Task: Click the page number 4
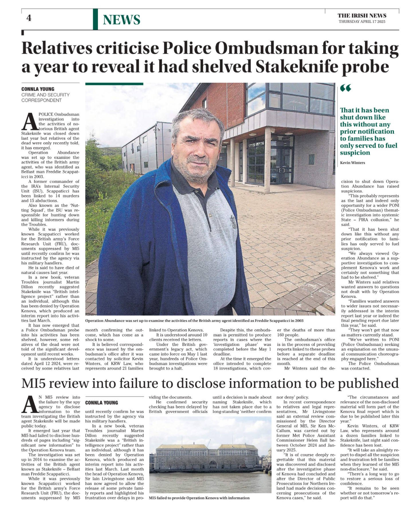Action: click(x=29, y=18)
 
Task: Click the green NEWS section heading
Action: click(x=121, y=20)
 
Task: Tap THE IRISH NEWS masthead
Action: click(x=362, y=16)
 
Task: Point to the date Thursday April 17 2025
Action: click(x=362, y=22)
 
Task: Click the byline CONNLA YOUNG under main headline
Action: click(x=38, y=89)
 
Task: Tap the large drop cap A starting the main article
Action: click(x=30, y=122)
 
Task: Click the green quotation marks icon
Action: click(x=345, y=89)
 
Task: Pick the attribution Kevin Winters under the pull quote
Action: click(x=352, y=163)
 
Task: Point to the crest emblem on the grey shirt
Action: click(x=234, y=221)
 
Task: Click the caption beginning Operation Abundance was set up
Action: click(x=194, y=321)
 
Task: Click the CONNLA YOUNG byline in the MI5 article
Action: click(x=101, y=402)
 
